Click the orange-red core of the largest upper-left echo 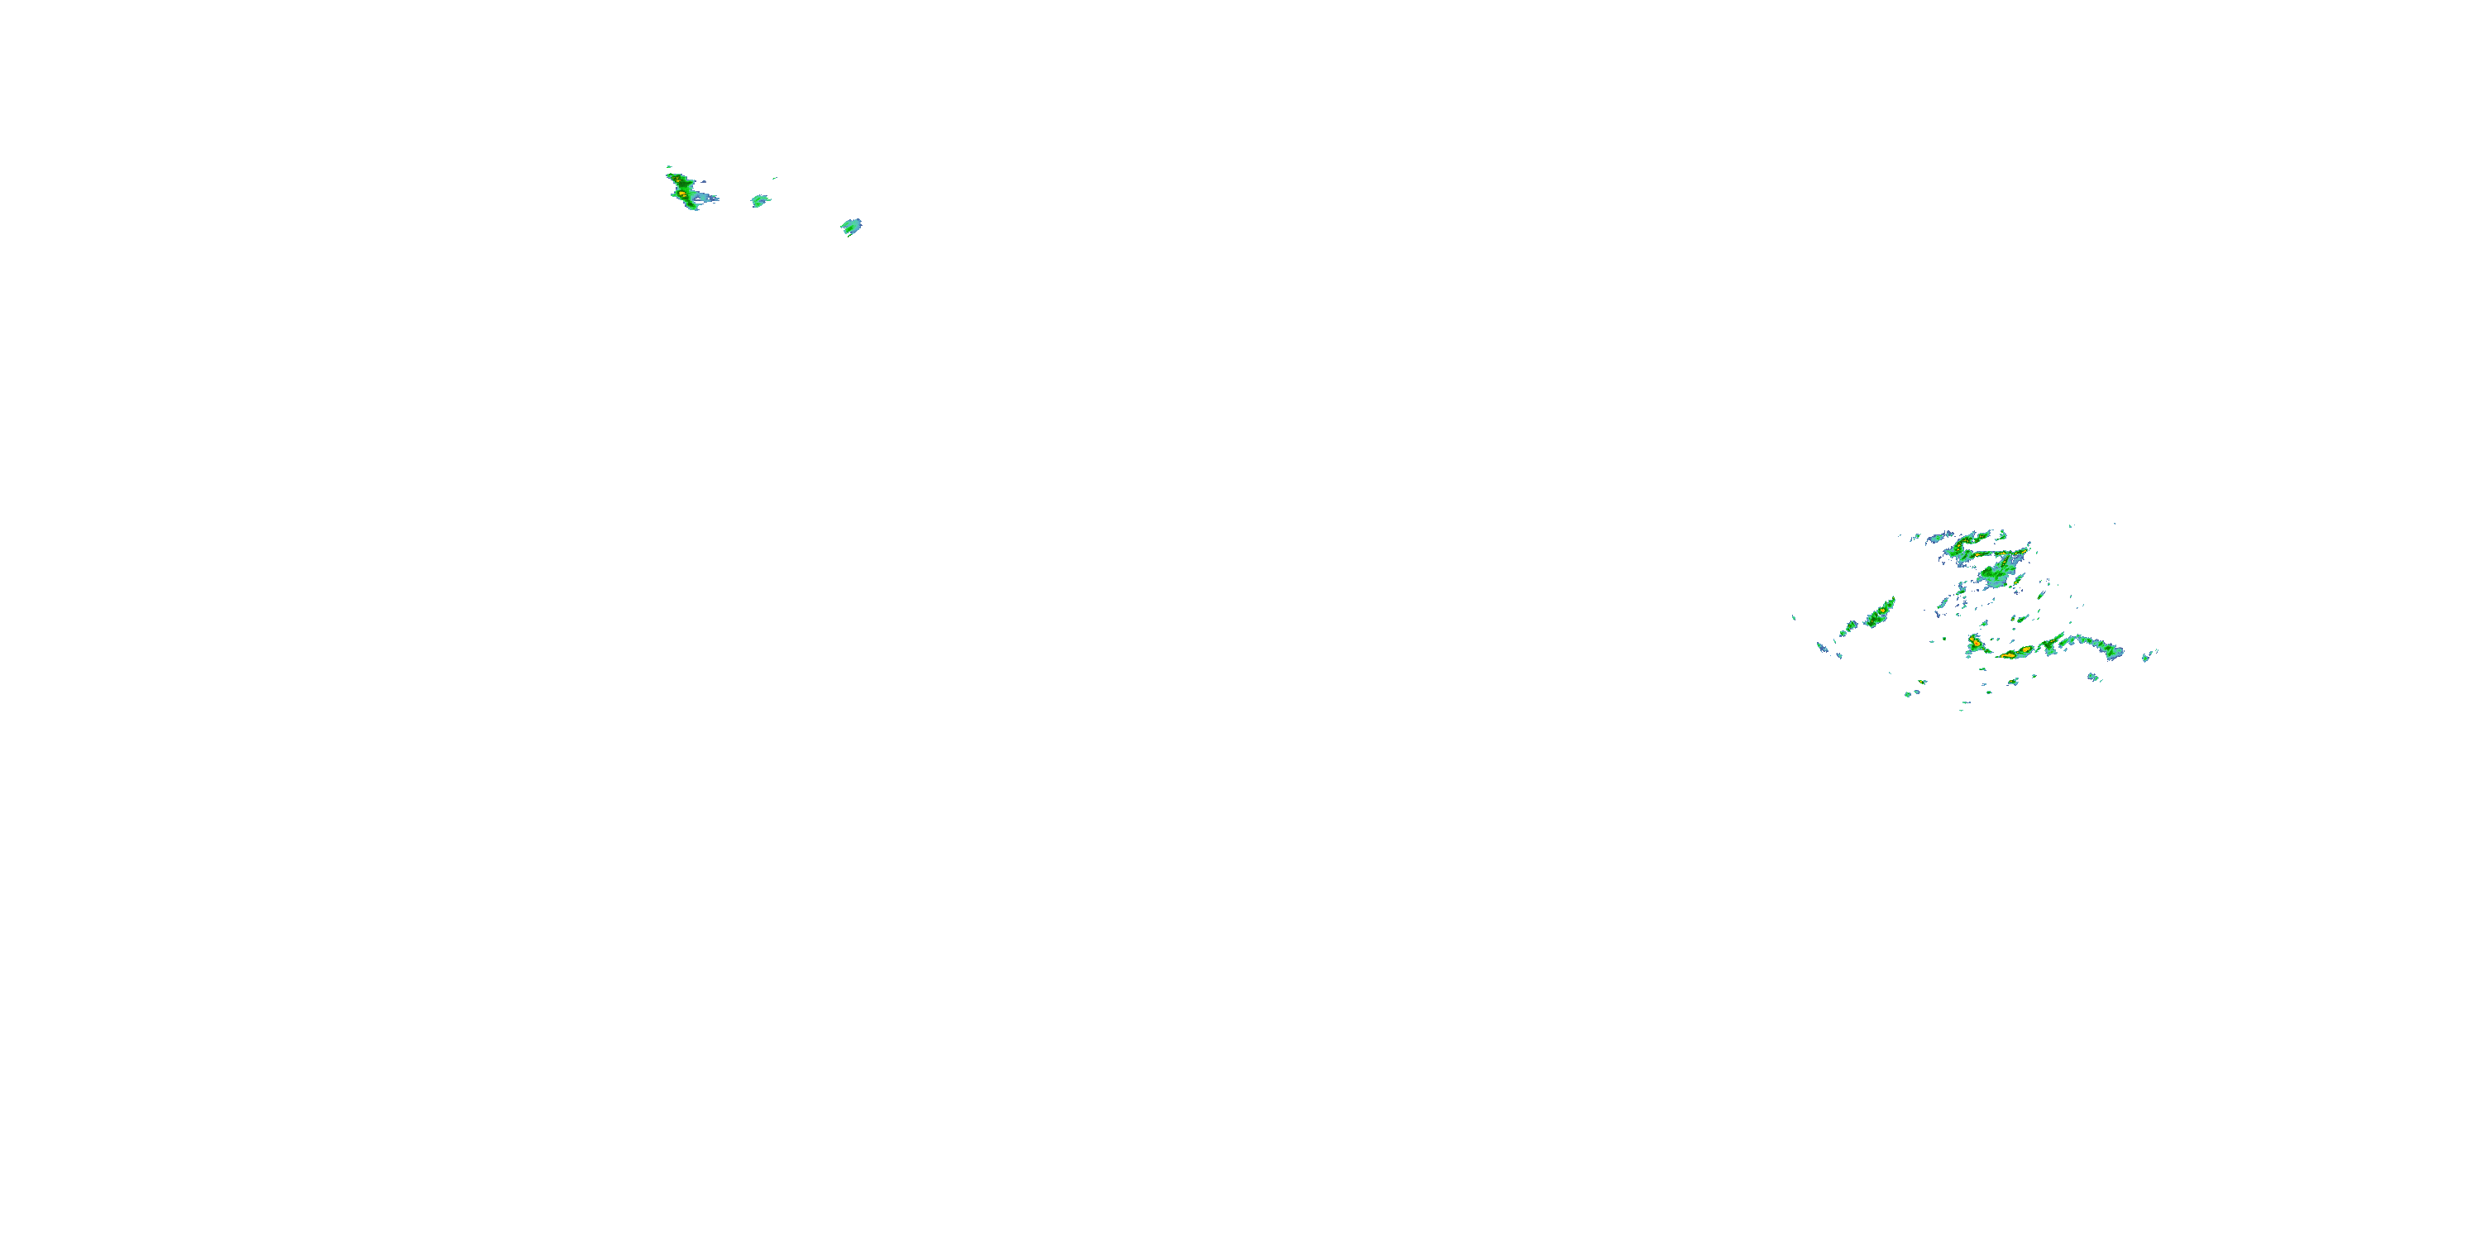[683, 194]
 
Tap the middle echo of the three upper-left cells [760, 201]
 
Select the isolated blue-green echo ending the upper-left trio [852, 227]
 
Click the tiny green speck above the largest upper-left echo [668, 166]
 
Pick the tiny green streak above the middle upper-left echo [774, 178]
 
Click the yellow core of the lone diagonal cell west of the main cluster [1879, 613]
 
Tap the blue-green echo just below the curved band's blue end [2093, 678]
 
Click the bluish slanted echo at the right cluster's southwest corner [1824, 649]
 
